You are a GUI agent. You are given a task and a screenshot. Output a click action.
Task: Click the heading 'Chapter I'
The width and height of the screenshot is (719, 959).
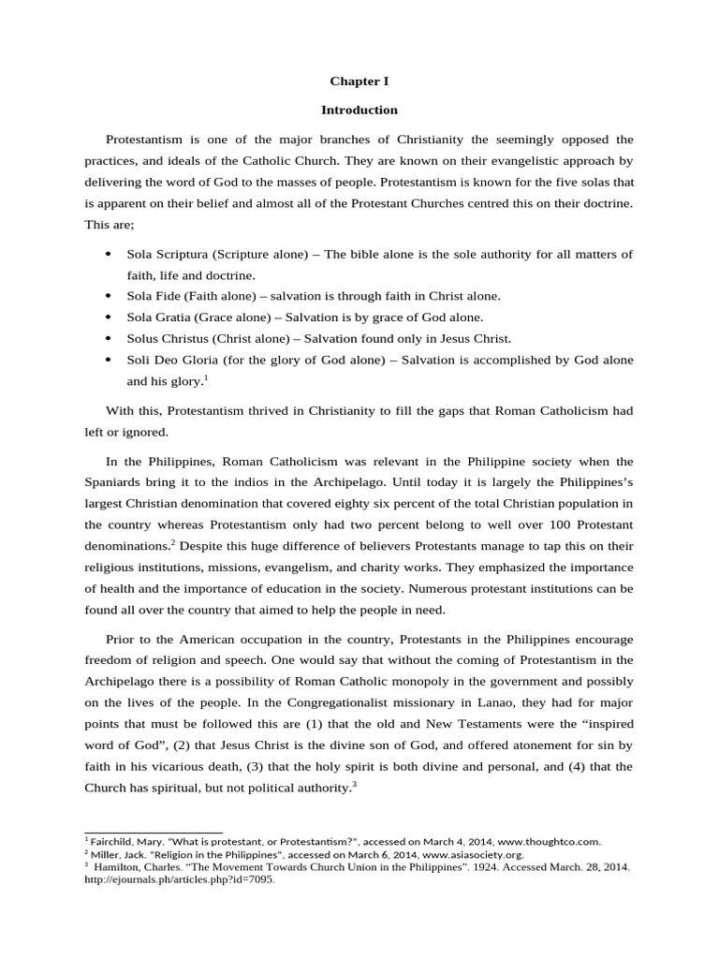pyautogui.click(x=359, y=81)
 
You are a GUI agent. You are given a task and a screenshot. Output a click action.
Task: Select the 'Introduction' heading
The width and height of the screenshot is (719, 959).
pyautogui.click(x=359, y=110)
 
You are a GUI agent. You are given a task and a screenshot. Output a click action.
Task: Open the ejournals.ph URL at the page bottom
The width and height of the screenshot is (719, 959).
pyautogui.click(x=180, y=880)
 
